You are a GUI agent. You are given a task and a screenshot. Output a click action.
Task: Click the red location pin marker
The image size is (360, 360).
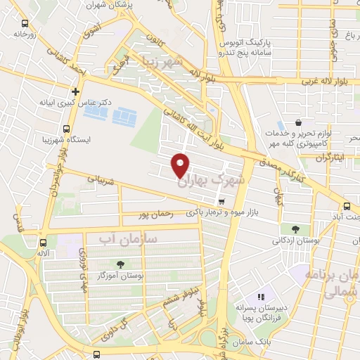(181, 165)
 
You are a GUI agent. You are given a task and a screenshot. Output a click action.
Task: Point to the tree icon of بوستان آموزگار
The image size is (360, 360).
(120, 265)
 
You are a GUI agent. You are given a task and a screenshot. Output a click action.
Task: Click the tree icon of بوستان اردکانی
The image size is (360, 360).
(295, 229)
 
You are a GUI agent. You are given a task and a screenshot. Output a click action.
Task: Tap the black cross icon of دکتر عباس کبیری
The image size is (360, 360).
(75, 91)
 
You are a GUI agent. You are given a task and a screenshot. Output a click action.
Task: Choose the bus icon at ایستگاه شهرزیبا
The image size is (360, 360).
(66, 129)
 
